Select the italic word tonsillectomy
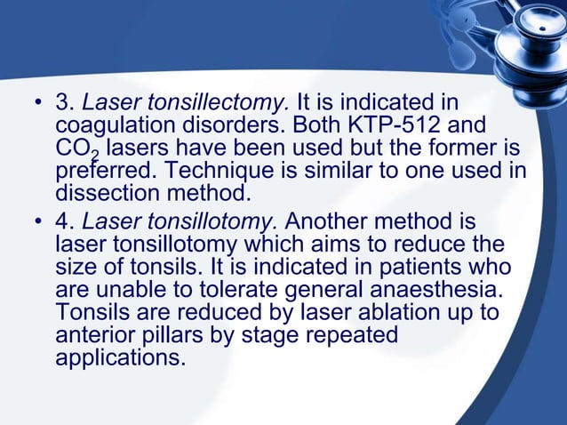[x=220, y=103]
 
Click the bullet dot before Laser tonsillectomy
[x=37, y=105]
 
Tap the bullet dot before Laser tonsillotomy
[x=37, y=220]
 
